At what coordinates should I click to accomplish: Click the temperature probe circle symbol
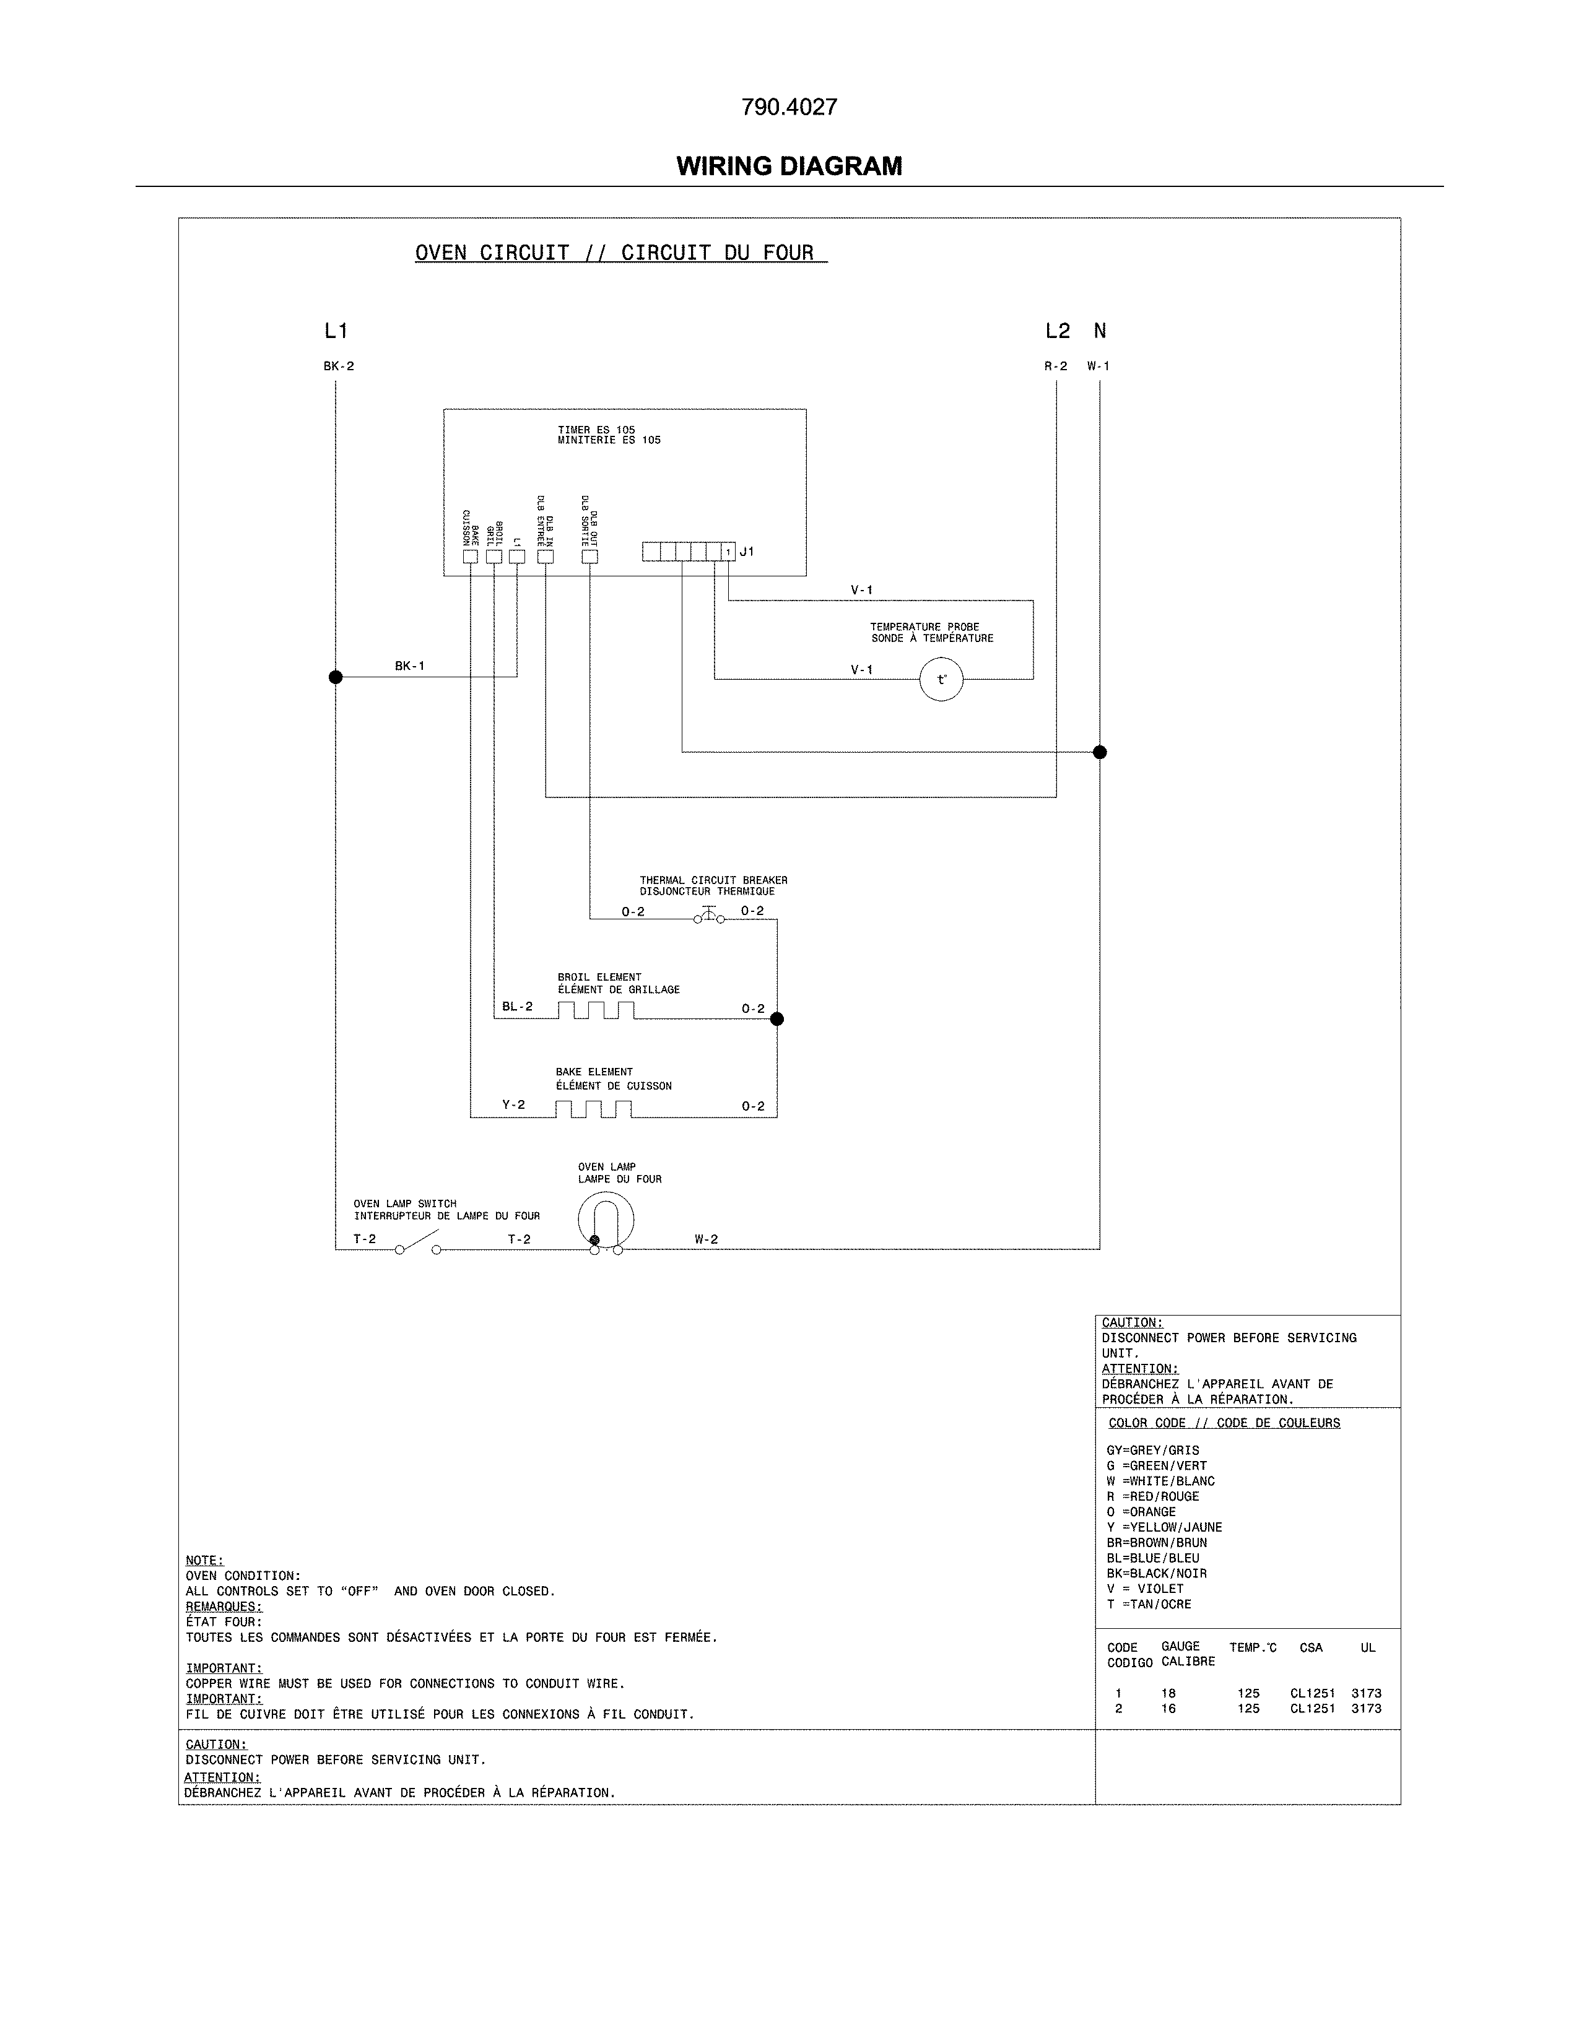coord(941,680)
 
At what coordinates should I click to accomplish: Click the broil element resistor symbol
coord(596,1010)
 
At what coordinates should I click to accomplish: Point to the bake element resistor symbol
coord(593,1109)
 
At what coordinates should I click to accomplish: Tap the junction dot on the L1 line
coord(336,677)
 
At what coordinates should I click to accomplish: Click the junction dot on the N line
coord(1100,752)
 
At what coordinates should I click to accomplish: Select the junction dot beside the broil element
coord(776,1018)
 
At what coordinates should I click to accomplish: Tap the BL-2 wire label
coord(517,1007)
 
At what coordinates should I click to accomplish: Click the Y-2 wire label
coord(513,1104)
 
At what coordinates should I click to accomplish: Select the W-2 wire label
coord(707,1239)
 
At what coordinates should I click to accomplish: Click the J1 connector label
coord(747,552)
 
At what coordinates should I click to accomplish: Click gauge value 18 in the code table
coord(1168,1693)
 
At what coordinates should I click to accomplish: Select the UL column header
coord(1368,1647)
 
